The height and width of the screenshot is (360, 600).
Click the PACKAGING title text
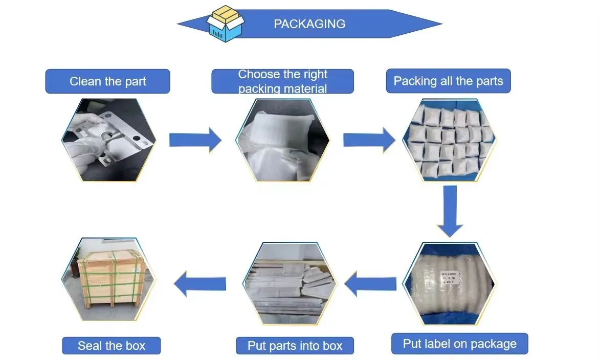point(309,24)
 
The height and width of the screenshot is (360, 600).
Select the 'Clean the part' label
point(107,81)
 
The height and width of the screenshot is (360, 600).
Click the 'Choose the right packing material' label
point(282,81)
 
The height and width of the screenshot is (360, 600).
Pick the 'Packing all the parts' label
point(448,81)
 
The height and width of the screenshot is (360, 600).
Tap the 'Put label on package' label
point(459,344)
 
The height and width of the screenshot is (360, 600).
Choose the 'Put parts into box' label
point(295,346)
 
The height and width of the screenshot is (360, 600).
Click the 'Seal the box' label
point(112,346)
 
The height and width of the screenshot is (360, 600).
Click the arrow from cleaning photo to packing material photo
point(195,140)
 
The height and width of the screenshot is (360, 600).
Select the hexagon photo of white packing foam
point(282,140)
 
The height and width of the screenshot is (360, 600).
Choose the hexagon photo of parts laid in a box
point(290,283)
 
